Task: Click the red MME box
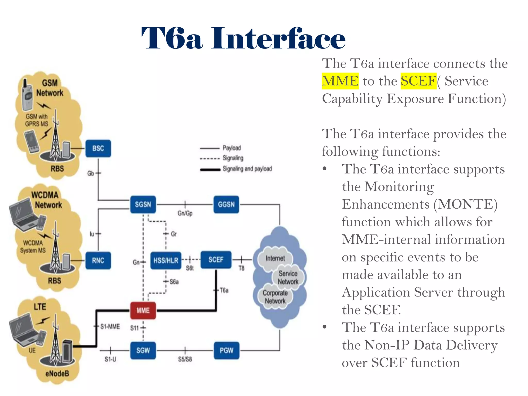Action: point(143,310)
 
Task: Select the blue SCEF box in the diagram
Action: point(216,260)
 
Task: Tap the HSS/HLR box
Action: point(166,260)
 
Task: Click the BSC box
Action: point(98,148)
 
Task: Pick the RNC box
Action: point(98,260)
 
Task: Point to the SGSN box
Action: point(143,204)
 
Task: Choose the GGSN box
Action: point(226,204)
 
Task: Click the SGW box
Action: point(143,350)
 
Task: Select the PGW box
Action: point(226,350)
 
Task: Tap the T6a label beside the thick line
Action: point(224,291)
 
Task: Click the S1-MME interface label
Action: point(110,327)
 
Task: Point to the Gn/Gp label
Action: point(185,213)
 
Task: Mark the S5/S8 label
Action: point(185,359)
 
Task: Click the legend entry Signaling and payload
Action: point(247,169)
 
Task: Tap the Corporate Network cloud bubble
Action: point(275,297)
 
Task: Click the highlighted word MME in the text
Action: point(340,81)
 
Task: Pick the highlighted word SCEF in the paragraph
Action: point(418,81)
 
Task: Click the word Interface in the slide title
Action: point(278,39)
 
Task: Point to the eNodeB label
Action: point(57,373)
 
